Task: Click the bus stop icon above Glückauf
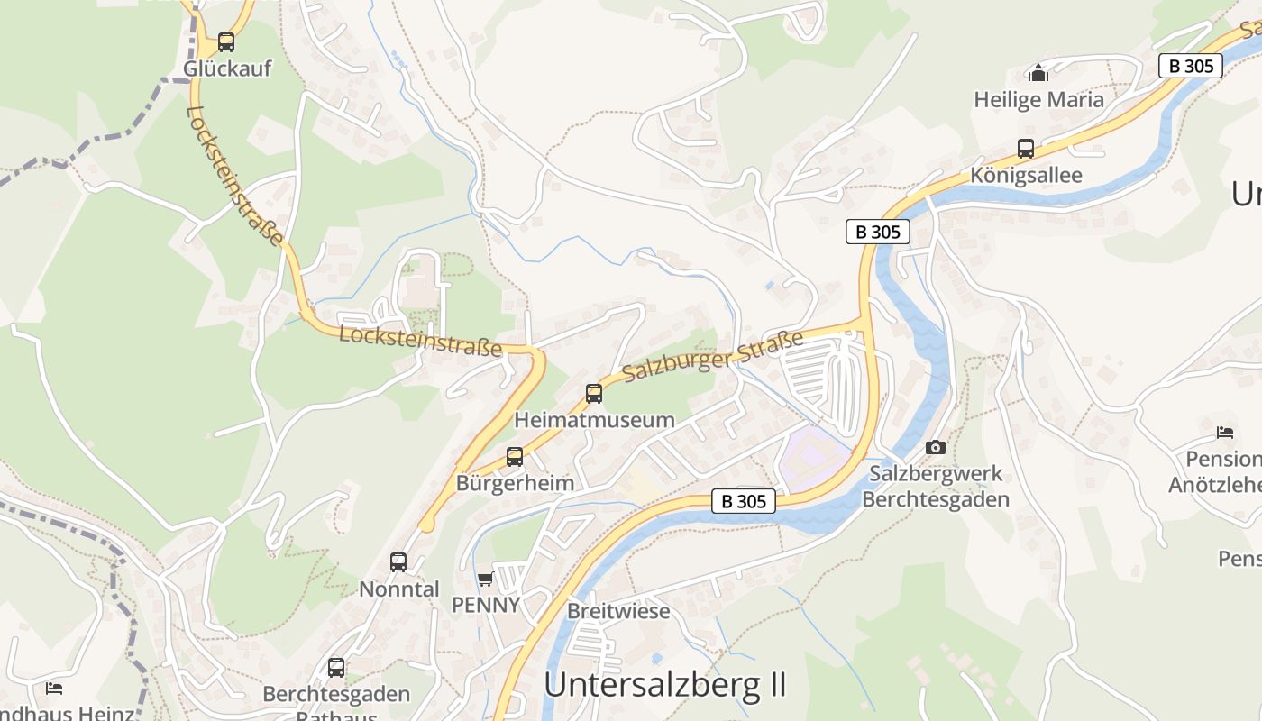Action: click(x=225, y=41)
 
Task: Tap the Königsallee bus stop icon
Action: click(x=1026, y=149)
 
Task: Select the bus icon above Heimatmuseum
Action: click(x=593, y=393)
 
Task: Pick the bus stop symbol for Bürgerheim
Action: click(x=514, y=456)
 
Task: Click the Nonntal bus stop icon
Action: click(x=398, y=562)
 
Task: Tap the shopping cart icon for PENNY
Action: click(x=485, y=579)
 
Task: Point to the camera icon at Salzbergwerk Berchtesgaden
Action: click(x=936, y=447)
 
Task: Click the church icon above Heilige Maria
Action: click(x=1038, y=73)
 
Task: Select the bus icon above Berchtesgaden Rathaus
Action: click(x=336, y=668)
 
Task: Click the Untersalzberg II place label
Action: click(x=665, y=685)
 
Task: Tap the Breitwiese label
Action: click(x=618, y=611)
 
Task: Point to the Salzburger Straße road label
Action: click(x=712, y=357)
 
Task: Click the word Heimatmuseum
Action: click(x=594, y=420)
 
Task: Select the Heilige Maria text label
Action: click(x=1038, y=100)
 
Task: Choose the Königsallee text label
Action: click(x=1026, y=175)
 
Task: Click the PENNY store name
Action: click(x=486, y=605)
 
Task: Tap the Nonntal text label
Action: click(x=398, y=589)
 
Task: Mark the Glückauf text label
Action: click(x=227, y=68)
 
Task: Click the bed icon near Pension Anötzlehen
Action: click(x=1224, y=433)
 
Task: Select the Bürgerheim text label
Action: click(x=515, y=483)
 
